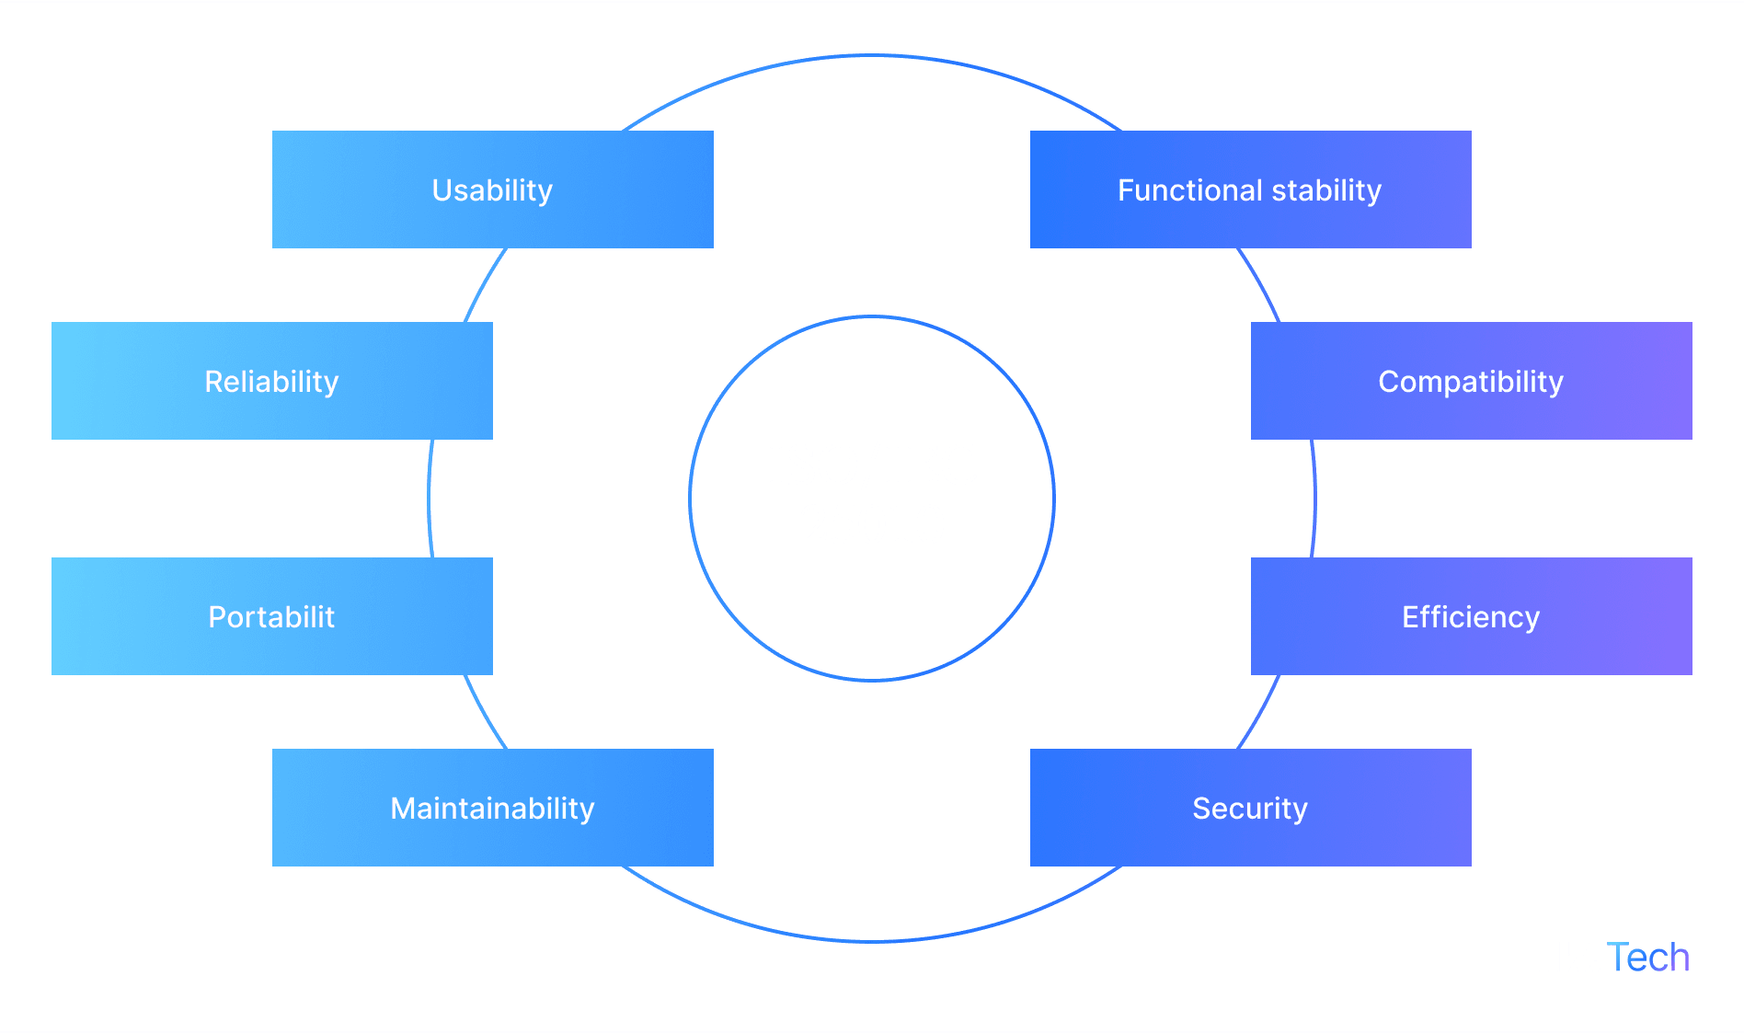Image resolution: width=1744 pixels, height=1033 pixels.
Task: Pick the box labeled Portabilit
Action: coord(271,616)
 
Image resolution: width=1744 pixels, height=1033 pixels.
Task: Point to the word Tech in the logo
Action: coord(1649,958)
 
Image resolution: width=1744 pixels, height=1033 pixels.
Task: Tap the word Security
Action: coord(1249,809)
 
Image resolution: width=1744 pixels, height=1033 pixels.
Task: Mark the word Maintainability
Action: coord(493,809)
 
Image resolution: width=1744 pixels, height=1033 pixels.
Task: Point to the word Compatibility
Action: coord(1471,382)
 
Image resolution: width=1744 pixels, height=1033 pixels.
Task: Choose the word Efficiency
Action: coord(1471,617)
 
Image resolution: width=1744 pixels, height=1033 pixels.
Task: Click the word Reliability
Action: coord(271,382)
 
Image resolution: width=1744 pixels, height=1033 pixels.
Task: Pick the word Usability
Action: coord(493,190)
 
